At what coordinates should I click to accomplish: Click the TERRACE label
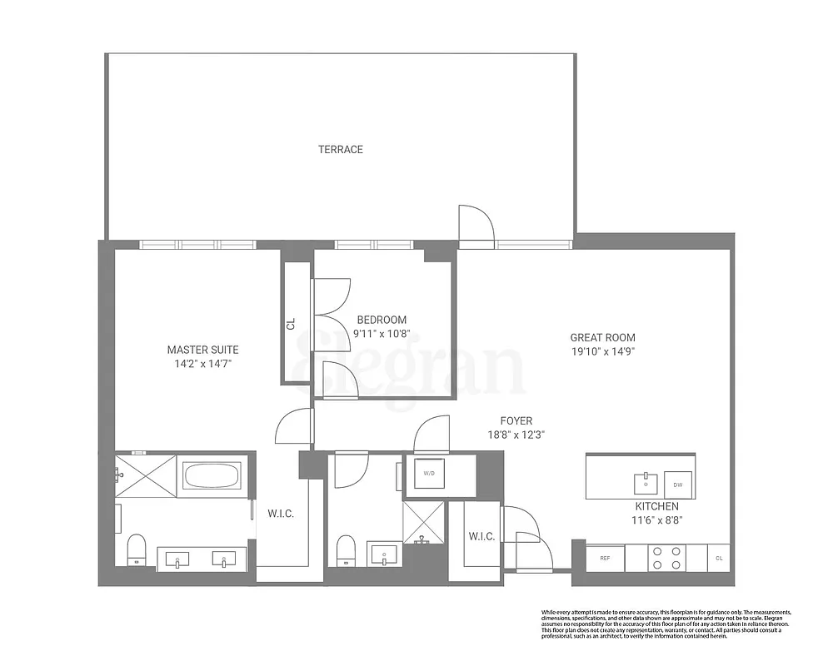[341, 150]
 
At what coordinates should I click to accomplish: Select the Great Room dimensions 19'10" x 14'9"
[602, 351]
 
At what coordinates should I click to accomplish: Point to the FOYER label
[516, 420]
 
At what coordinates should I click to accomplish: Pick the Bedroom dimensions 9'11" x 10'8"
[382, 335]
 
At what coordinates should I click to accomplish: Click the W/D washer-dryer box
[428, 474]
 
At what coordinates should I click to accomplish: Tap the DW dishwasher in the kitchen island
[677, 485]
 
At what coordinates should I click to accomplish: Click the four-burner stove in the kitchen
[666, 558]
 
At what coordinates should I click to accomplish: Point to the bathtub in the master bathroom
[211, 475]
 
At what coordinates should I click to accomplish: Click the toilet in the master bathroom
[136, 549]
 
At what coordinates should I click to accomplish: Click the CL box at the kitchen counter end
[719, 558]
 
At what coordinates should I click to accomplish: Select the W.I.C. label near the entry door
[481, 537]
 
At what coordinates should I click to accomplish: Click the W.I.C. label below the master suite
[281, 513]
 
